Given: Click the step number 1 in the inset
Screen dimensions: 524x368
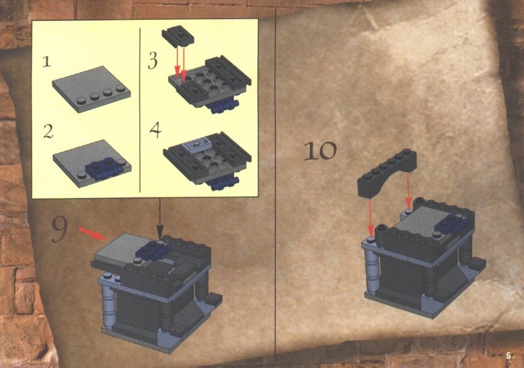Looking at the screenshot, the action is pos(47,62).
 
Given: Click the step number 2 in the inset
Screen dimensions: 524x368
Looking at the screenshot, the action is pos(48,131).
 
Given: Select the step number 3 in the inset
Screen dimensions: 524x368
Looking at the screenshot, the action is pos(153,60).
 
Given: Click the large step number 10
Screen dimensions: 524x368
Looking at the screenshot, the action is pos(320,151).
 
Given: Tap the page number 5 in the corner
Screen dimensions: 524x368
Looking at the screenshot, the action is pos(509,356).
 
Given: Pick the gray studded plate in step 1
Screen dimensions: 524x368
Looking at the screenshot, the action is pos(91,89).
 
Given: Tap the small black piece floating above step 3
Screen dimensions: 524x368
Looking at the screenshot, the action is pos(178,35).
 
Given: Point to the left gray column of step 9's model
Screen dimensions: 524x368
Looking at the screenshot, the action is pos(109,305).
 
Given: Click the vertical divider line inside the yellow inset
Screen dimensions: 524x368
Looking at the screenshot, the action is pos(140,110).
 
